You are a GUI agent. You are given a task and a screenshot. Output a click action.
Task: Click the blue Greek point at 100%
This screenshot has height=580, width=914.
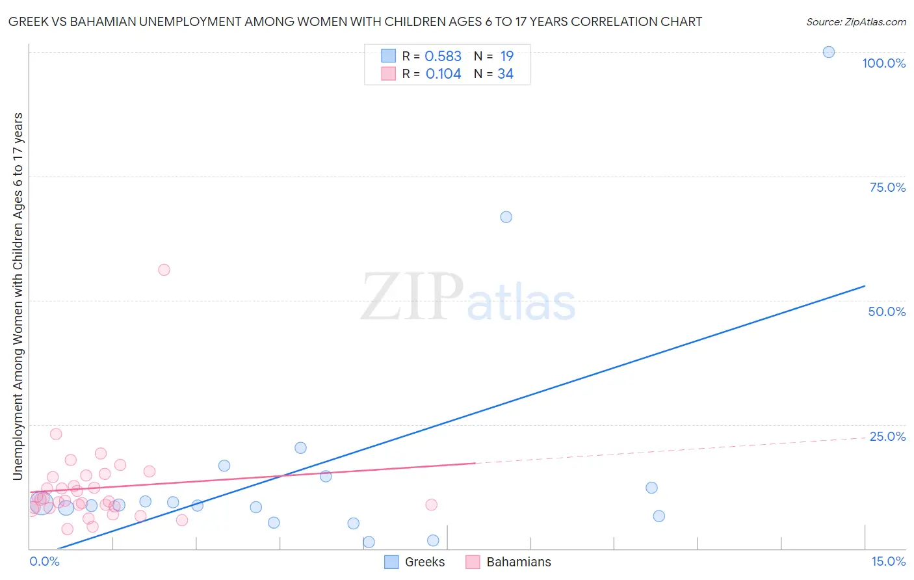pyautogui.click(x=828, y=52)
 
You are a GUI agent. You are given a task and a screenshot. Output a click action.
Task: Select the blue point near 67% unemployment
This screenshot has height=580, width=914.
pyautogui.click(x=506, y=217)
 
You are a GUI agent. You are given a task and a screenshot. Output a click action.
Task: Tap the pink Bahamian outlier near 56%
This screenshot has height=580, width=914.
pyautogui.click(x=164, y=270)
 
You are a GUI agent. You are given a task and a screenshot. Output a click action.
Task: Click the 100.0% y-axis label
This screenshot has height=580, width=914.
pyautogui.click(x=883, y=63)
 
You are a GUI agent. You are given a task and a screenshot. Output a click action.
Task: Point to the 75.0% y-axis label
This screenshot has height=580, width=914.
pyautogui.click(x=887, y=187)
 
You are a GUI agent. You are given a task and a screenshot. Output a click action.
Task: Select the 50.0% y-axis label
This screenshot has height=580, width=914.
pyautogui.click(x=887, y=311)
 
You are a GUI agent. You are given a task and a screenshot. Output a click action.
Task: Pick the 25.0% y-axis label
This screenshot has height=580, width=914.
pyautogui.click(x=887, y=436)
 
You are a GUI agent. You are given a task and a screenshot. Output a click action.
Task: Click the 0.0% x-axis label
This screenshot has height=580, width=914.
pyautogui.click(x=44, y=561)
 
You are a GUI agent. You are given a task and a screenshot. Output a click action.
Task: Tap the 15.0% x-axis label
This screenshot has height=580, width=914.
pyautogui.click(x=888, y=561)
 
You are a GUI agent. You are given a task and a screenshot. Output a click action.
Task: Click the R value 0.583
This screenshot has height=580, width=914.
pyautogui.click(x=443, y=57)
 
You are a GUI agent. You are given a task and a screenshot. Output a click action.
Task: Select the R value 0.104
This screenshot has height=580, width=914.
pyautogui.click(x=443, y=74)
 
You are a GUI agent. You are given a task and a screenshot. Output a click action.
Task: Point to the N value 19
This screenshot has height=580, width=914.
pyautogui.click(x=506, y=57)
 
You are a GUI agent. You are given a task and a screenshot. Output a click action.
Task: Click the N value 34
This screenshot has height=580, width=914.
pyautogui.click(x=505, y=74)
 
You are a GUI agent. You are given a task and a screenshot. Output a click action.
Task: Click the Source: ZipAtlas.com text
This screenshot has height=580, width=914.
pyautogui.click(x=855, y=22)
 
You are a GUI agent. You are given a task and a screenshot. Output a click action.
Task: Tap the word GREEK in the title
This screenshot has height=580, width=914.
pyautogui.click(x=25, y=22)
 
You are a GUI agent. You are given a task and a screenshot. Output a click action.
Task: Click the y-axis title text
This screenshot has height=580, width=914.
pyautogui.click(x=18, y=297)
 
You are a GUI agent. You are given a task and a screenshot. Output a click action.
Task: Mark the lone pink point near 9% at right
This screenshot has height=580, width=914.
pyautogui.click(x=431, y=505)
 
